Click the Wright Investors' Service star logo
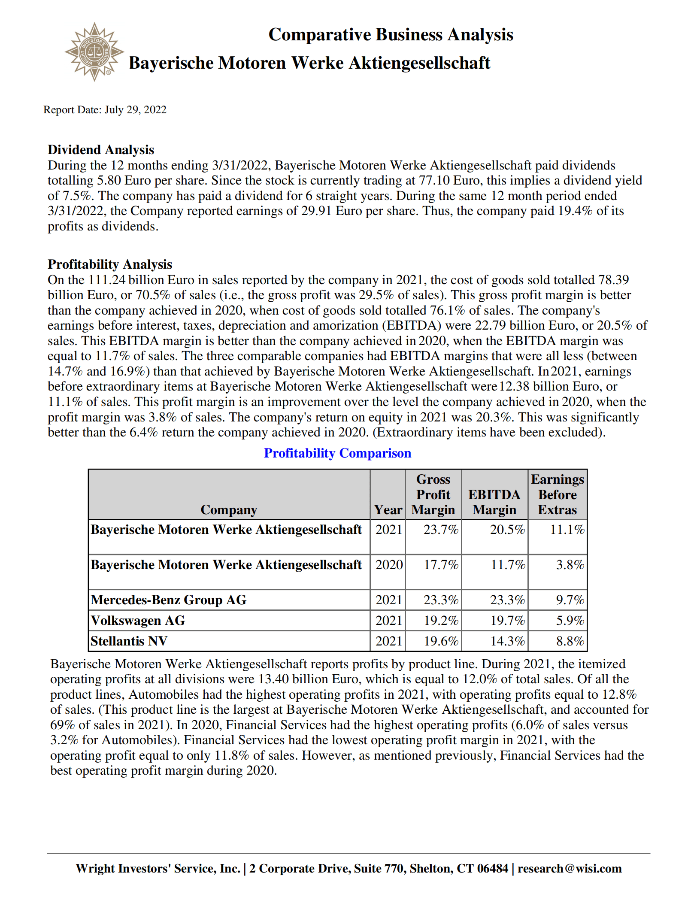[x=94, y=52]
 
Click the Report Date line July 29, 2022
[x=105, y=110]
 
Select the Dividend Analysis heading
[x=101, y=150]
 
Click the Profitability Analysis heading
[x=110, y=264]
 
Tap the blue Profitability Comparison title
[x=337, y=453]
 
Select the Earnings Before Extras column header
[x=557, y=494]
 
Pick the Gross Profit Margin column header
[x=433, y=494]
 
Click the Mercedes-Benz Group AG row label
[x=169, y=600]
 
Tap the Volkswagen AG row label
[x=138, y=620]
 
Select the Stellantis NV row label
[x=129, y=641]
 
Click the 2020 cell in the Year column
[x=389, y=565]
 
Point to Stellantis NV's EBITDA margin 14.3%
[x=507, y=641]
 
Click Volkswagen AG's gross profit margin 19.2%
[x=441, y=621]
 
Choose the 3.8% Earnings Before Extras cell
[x=570, y=565]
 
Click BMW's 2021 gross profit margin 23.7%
[x=441, y=530]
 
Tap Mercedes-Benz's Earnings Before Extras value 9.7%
[x=570, y=600]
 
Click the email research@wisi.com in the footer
[x=570, y=869]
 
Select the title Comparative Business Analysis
[x=391, y=35]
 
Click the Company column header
[x=229, y=509]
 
